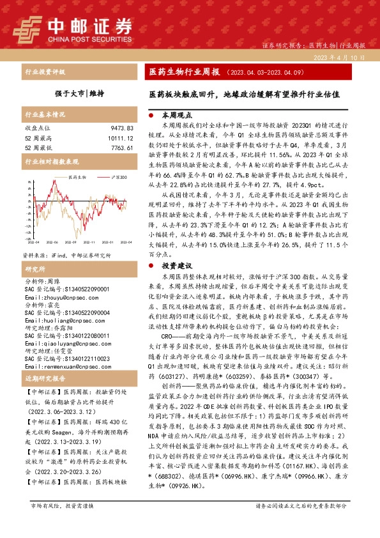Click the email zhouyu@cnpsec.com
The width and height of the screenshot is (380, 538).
[x=54, y=279]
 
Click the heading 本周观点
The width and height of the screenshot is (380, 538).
[x=177, y=117]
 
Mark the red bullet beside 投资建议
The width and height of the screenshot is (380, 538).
[x=151, y=265]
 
